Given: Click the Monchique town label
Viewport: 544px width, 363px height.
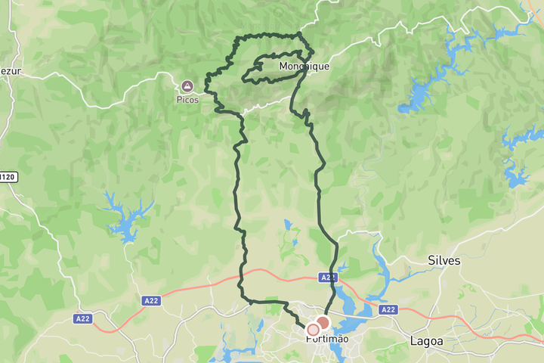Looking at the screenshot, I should [304, 67].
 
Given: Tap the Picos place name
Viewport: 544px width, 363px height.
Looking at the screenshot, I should [187, 99].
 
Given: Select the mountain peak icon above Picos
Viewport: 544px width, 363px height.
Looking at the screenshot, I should [187, 85].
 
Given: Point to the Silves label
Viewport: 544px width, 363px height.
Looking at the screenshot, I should [444, 260].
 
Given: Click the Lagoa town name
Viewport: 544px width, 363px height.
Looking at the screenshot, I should [427, 341].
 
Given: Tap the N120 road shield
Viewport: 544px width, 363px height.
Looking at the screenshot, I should [7, 177].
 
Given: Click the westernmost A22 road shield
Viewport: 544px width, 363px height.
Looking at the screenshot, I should [83, 318].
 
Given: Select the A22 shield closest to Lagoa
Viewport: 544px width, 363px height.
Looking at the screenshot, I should [388, 310].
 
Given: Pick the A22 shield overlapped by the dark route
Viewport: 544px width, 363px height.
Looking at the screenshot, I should [327, 278].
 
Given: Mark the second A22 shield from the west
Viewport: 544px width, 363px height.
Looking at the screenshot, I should [151, 301].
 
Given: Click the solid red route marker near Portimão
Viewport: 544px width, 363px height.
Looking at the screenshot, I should [323, 324].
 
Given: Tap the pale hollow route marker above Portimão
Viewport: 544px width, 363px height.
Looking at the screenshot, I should [313, 330].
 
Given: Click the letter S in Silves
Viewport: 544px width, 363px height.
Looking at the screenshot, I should [431, 260].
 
